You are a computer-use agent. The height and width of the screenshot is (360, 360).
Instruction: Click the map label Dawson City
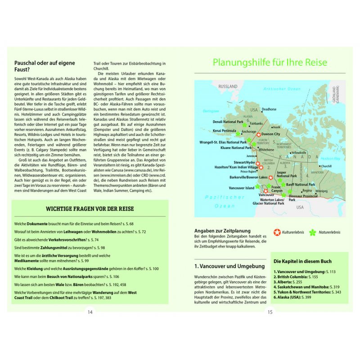click(271, 134)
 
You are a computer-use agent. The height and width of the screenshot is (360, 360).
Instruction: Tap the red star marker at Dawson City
click(258, 135)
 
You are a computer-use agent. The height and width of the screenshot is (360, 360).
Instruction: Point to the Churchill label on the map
click(326, 166)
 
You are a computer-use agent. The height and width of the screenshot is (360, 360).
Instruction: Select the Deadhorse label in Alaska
click(269, 109)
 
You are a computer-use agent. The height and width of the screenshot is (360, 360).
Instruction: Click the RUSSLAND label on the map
click(228, 86)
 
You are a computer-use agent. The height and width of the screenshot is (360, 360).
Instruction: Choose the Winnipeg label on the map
click(321, 191)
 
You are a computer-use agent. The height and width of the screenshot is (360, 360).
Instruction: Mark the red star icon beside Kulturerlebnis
click(277, 232)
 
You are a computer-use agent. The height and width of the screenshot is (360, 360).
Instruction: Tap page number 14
click(90, 312)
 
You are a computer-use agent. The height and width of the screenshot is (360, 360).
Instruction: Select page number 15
click(270, 312)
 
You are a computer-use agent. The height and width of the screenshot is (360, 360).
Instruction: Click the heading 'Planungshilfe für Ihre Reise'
click(270, 63)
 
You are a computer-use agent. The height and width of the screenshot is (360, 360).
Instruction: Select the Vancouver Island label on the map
click(242, 188)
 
